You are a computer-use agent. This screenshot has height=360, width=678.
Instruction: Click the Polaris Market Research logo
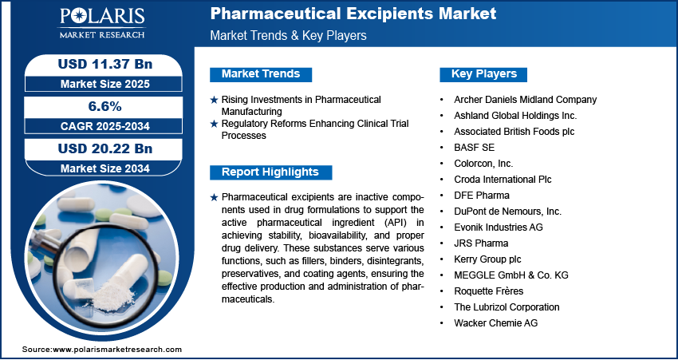pos(102,23)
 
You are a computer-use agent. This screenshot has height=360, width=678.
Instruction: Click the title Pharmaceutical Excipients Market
pos(353,14)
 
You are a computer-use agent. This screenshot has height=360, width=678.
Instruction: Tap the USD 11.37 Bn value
pos(105,64)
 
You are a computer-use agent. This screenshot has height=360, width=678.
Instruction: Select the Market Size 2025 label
pos(105,84)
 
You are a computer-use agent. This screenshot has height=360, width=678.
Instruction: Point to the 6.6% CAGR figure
pos(105,106)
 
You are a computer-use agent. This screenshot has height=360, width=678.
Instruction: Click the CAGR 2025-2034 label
pos(105,126)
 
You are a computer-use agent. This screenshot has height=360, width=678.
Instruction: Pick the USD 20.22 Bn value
pos(105,148)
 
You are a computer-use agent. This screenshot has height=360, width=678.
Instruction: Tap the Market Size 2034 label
pos(105,168)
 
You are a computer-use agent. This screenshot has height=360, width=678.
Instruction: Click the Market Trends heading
pos(261,74)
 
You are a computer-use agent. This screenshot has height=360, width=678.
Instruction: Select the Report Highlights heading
pos(270,172)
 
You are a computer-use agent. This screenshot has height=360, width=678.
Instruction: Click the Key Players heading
pos(484,74)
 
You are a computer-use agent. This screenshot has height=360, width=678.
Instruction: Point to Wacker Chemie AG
pos(496,323)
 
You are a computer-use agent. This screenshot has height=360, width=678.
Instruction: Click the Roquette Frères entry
pos(489,291)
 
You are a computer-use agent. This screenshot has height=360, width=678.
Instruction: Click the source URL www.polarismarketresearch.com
pos(117,350)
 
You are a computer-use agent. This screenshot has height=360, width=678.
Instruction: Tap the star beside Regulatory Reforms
pos(214,125)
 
